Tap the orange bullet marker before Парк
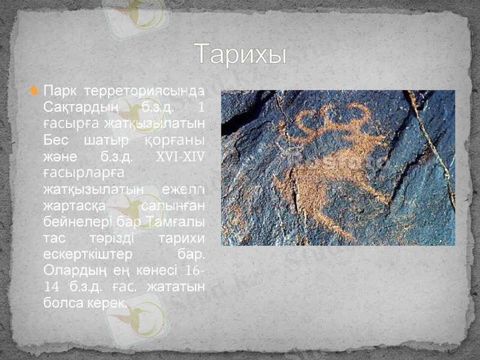34,92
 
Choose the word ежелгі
182,190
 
